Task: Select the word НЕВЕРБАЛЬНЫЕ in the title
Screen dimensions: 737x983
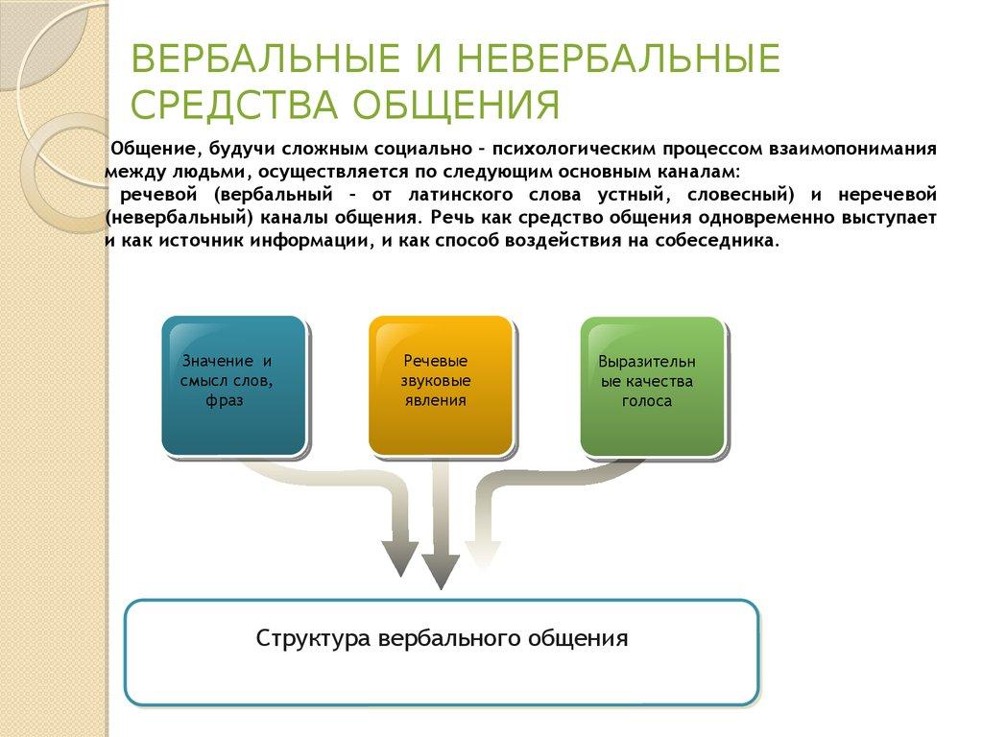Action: [619, 59]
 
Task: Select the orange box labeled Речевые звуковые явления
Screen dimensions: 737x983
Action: [440, 385]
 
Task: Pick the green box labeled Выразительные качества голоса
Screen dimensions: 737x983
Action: [652, 385]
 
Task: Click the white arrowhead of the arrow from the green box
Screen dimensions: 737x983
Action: [483, 555]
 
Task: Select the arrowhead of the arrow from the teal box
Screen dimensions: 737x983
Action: [399, 558]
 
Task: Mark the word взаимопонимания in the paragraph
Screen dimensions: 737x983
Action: [851, 150]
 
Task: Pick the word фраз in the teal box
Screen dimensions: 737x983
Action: [225, 400]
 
